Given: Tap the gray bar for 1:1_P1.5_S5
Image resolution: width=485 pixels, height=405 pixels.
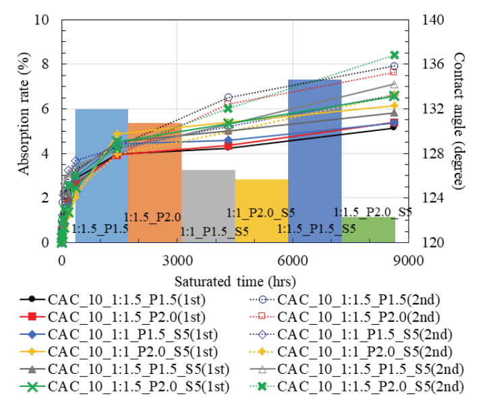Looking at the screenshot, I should click(x=208, y=202).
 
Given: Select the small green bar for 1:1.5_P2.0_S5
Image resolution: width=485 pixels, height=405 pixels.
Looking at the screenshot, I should click(x=368, y=230).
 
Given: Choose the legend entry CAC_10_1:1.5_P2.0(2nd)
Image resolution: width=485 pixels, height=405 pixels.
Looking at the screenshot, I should click(x=351, y=317).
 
